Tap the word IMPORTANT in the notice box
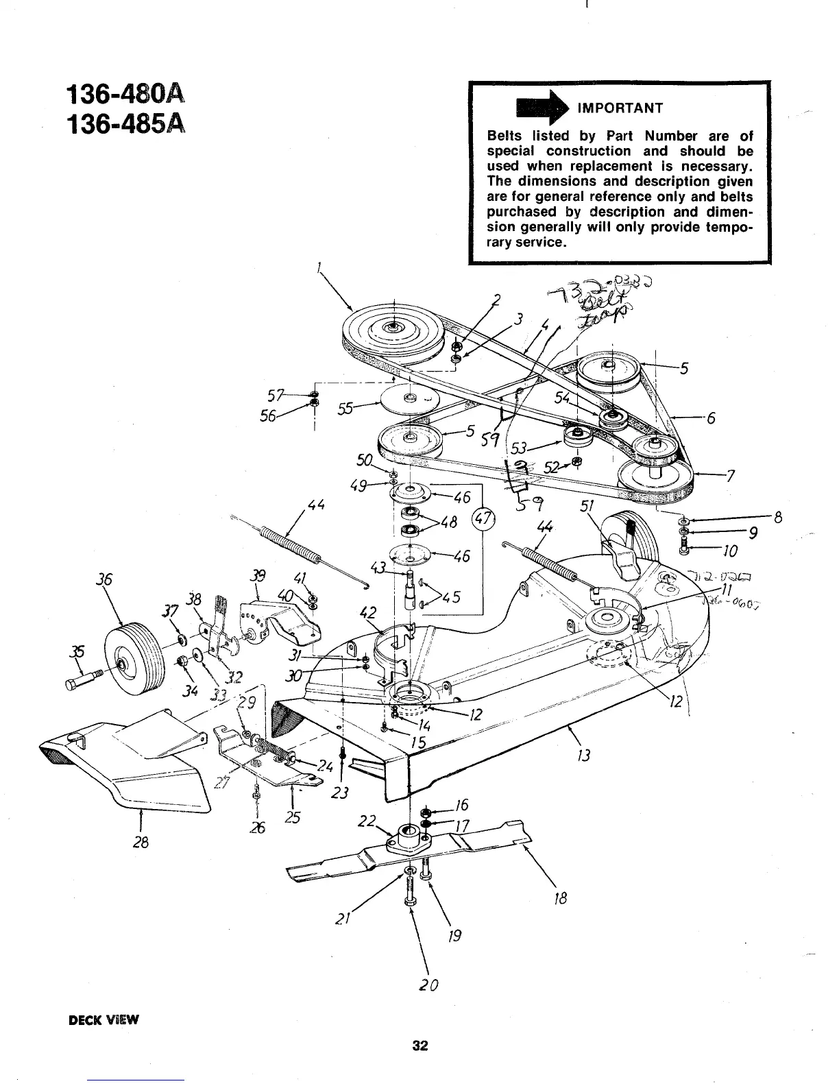(x=620, y=108)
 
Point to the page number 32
(x=419, y=1046)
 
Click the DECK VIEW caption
(x=104, y=1019)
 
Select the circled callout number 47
(x=483, y=518)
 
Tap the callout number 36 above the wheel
(x=104, y=579)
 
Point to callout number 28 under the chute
(x=141, y=843)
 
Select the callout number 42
(x=370, y=612)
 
